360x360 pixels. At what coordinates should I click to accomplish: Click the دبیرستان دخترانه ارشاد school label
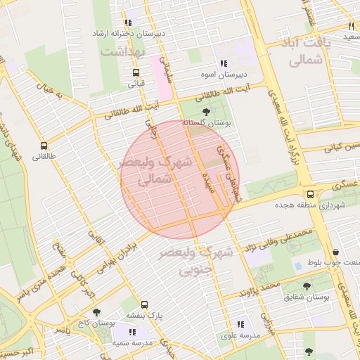(x=131, y=33)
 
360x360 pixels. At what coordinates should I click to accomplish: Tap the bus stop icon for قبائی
(x=135, y=72)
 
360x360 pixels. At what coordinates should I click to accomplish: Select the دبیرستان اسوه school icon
(x=223, y=63)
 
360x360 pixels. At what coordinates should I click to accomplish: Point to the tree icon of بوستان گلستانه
(x=205, y=112)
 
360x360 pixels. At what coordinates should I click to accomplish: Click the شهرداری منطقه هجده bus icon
(x=309, y=195)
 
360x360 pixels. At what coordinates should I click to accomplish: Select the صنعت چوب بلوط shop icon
(x=335, y=252)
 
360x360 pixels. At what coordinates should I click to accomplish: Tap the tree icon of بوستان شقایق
(x=307, y=286)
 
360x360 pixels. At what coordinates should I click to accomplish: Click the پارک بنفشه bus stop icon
(x=144, y=305)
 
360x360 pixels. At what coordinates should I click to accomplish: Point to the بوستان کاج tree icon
(x=96, y=312)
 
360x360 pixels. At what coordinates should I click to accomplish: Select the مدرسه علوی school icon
(x=240, y=325)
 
